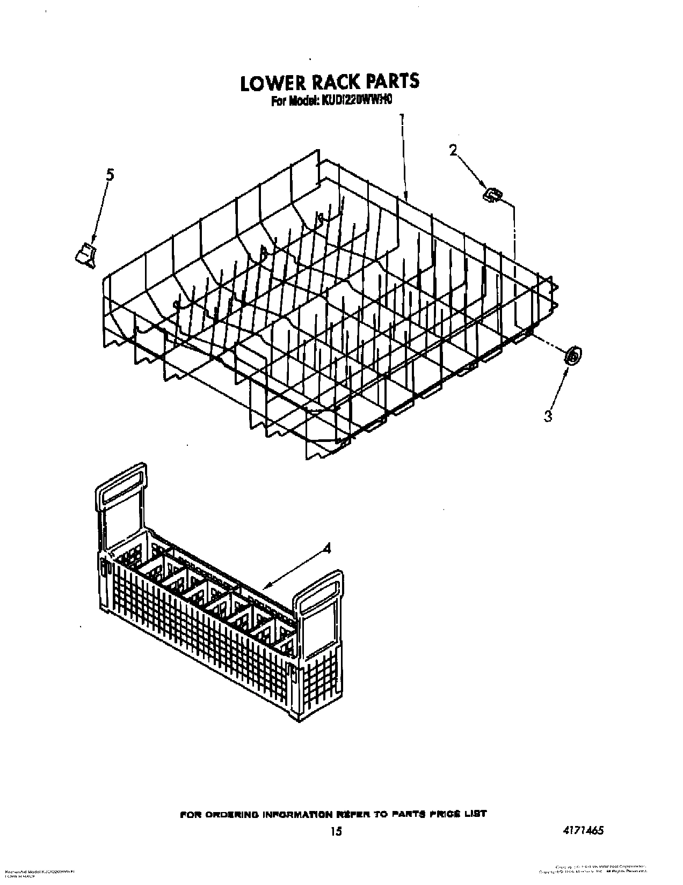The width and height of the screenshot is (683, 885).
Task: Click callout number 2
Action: pyautogui.click(x=453, y=151)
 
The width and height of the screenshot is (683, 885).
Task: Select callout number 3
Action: pyautogui.click(x=548, y=416)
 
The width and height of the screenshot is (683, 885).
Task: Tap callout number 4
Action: pyautogui.click(x=327, y=548)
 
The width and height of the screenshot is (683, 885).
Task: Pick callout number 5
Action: pyautogui.click(x=110, y=174)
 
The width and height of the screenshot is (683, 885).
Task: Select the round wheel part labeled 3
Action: pyautogui.click(x=573, y=355)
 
